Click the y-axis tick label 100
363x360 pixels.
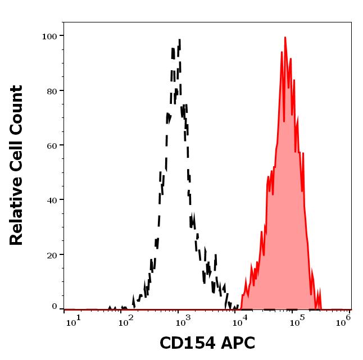click(x=50, y=37)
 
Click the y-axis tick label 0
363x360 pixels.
click(x=55, y=307)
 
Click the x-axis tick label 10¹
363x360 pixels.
click(x=73, y=320)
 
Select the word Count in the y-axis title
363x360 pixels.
click(x=17, y=107)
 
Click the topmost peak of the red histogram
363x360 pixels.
click(x=285, y=38)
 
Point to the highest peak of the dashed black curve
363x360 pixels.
click(x=179, y=40)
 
